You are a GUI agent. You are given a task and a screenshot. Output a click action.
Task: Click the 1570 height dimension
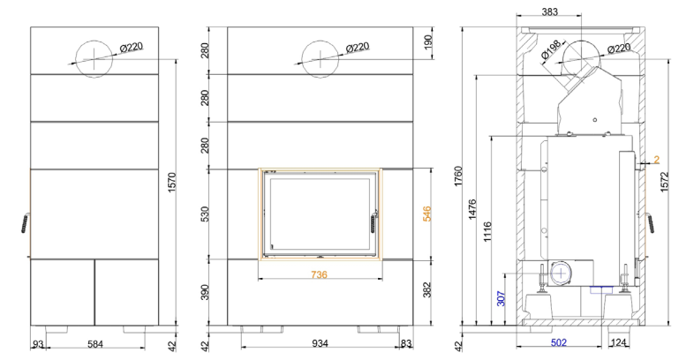pos(172,182)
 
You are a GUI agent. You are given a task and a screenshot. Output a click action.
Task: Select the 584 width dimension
pos(95,343)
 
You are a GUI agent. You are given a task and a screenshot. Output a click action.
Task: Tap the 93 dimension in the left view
pos(39,343)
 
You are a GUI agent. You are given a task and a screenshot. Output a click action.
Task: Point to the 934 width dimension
pos(320,343)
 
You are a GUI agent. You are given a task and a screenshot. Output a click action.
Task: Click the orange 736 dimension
pos(319,274)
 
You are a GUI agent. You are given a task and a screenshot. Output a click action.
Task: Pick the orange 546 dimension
pos(427,214)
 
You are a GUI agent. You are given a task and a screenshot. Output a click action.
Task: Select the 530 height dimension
pos(204,214)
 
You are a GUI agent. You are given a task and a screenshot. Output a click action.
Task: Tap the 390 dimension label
pos(204,292)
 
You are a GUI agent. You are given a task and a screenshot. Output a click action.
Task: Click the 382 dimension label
pos(427,289)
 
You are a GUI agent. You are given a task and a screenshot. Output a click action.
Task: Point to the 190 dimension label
pos(427,43)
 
